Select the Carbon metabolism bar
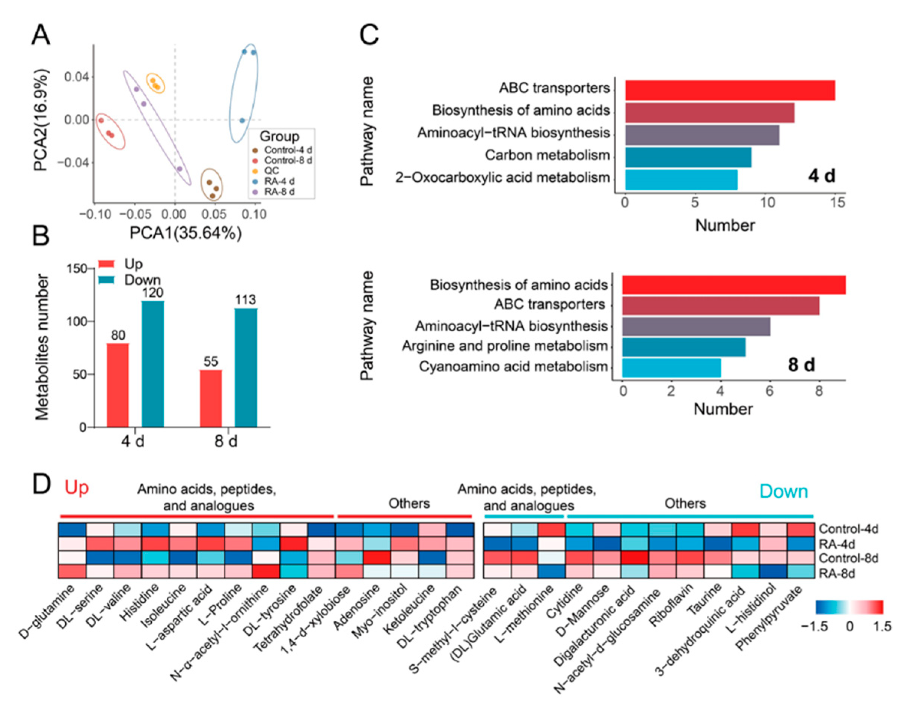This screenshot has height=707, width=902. pyautogui.click(x=688, y=157)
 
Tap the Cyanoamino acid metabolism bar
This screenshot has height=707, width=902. pyautogui.click(x=671, y=368)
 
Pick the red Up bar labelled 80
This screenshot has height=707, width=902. pyautogui.click(x=118, y=385)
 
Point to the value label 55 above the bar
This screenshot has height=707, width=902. pyautogui.click(x=210, y=361)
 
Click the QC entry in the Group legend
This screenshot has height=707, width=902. pyautogui.click(x=271, y=170)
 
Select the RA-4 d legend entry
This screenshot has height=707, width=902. pyautogui.click(x=279, y=181)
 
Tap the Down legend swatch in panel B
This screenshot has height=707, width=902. pyautogui.click(x=106, y=280)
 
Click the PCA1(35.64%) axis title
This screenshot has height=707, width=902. pyautogui.click(x=186, y=233)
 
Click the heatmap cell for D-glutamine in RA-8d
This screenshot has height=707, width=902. pyautogui.click(x=72, y=572)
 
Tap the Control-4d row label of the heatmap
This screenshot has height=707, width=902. pyautogui.click(x=848, y=529)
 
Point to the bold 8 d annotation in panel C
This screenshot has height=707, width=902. pyautogui.click(x=801, y=365)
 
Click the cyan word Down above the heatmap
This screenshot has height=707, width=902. pyautogui.click(x=783, y=491)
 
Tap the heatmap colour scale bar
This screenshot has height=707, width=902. pyautogui.click(x=849, y=607)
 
